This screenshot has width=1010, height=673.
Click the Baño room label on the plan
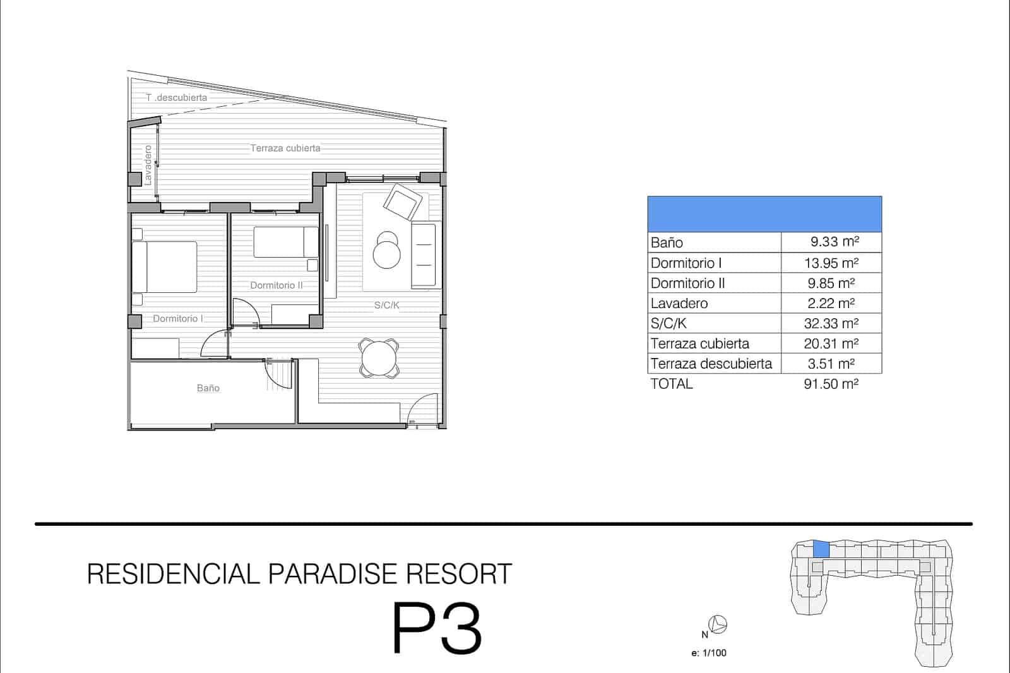coord(208,388)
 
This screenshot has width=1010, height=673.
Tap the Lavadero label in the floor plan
coord(148,165)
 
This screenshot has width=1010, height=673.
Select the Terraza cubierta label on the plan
coord(285,148)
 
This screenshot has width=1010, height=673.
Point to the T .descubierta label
coord(176,97)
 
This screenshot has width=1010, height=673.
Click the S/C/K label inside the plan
coord(387,306)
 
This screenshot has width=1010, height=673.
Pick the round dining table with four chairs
coord(379,358)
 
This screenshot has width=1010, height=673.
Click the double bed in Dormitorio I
coord(165,267)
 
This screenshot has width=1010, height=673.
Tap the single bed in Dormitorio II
coord(286,242)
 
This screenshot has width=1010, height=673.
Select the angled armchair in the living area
coord(402,201)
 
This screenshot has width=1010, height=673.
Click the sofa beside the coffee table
coord(424,255)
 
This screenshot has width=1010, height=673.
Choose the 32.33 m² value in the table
coord(831,324)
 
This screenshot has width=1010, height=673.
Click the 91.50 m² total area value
coord(831,384)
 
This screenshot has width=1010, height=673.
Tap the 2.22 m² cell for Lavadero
coord(831,304)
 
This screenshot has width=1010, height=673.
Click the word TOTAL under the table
coord(672,384)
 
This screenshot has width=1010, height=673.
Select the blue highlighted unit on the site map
coord(821,549)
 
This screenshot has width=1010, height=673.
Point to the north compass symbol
coord(718,625)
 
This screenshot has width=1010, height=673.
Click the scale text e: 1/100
coord(709,653)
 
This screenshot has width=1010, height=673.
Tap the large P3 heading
coord(437,629)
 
